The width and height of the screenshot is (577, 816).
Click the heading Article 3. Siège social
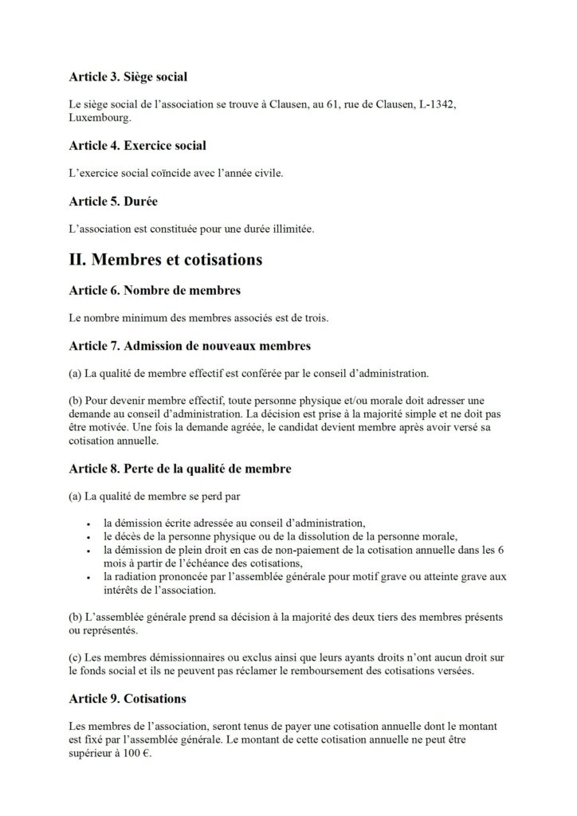pos(128,77)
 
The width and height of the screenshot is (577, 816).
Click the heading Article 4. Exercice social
pos(137,146)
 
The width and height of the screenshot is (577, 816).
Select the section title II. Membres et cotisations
pos(166,260)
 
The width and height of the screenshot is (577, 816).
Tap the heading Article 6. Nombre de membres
pos(155,290)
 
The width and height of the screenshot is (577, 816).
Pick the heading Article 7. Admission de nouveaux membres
pos(190,346)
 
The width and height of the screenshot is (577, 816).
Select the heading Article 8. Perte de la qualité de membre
pos(180,469)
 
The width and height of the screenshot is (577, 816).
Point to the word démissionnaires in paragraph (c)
pos(181,658)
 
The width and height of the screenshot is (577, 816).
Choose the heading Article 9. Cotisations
pos(128,699)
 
